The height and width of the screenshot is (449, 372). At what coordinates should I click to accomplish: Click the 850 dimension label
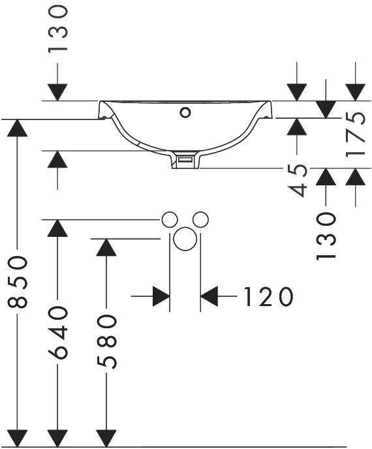pos(18,283)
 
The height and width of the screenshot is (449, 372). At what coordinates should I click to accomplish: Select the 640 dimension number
pos(57,332)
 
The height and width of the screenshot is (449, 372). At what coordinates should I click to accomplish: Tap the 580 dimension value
pos(106,341)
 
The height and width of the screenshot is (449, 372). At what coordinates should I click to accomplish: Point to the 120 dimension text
pos(269,296)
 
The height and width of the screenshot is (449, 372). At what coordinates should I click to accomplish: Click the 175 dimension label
pos(356,134)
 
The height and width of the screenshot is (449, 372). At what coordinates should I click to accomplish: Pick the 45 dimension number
pos(297,180)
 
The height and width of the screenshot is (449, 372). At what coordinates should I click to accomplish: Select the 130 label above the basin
pos(57,29)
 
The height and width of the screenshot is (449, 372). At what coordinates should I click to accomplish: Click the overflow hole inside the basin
pos(185,112)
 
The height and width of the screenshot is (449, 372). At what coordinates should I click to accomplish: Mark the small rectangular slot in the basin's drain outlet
pos(185,159)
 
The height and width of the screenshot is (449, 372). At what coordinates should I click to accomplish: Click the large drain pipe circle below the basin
pos(185,239)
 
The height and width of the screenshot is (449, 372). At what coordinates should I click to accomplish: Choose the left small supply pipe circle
pos(170,220)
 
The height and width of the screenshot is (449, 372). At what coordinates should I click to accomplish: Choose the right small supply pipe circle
pos(200,220)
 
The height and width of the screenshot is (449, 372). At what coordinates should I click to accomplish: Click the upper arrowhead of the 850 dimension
pos(18,128)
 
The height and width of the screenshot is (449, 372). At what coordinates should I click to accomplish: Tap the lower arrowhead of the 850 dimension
pos(18,438)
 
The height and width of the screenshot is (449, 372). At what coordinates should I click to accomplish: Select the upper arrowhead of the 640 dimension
pos(57,228)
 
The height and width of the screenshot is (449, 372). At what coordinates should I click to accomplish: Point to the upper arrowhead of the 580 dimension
pos(106,247)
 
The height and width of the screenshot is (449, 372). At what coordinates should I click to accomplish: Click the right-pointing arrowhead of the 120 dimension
pos(161,296)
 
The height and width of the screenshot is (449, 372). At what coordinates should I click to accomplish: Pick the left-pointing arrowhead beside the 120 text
pos(209,296)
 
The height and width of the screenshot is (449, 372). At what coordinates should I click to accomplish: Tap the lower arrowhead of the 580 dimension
pos(106,438)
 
